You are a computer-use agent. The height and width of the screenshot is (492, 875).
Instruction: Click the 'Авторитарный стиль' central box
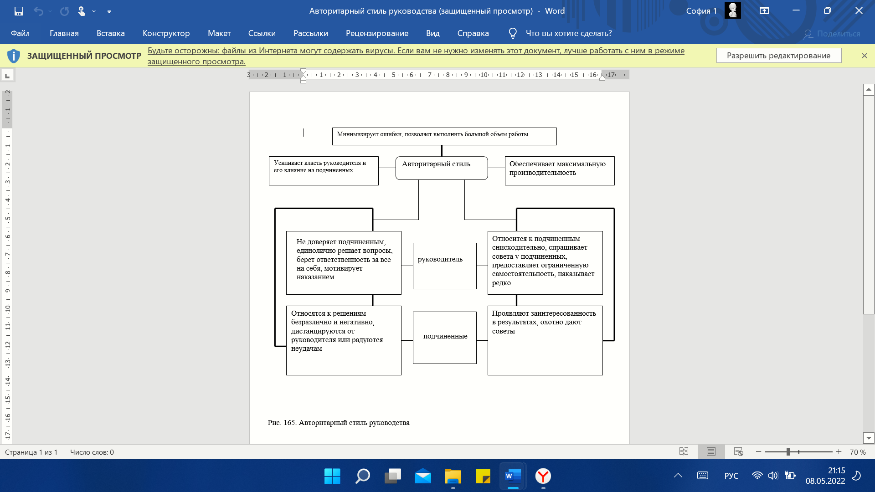coord(442,168)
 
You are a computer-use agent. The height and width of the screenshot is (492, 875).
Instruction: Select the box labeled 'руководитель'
coord(445,266)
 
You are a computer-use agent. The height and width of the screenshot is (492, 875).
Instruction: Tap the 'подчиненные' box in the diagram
coord(445,338)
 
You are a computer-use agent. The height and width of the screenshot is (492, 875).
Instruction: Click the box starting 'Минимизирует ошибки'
coord(444,136)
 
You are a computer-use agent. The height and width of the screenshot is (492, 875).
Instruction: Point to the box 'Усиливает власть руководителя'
coord(324,171)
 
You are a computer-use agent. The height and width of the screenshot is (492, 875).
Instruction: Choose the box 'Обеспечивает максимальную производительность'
coord(560,171)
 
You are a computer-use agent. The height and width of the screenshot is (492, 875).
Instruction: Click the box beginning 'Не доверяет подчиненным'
coord(344,263)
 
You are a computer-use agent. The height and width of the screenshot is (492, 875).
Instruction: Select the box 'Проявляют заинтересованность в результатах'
coord(545,340)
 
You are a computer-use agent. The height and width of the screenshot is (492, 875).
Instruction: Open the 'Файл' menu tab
coord(20,33)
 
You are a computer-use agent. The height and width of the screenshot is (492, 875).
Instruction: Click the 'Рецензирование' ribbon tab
coord(377,33)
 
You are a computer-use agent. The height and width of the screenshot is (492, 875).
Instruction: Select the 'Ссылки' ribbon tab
coord(262,33)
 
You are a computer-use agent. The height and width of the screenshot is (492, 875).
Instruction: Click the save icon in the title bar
coord(19,11)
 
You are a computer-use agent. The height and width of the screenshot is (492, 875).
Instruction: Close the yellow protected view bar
coord(864,56)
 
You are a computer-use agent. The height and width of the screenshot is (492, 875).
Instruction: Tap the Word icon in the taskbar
coord(513,476)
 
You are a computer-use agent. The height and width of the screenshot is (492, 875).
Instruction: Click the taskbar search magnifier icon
coord(362,476)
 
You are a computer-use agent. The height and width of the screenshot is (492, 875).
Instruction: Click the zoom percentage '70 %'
coord(858,452)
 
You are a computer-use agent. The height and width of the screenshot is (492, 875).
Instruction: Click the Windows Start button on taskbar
coord(332,476)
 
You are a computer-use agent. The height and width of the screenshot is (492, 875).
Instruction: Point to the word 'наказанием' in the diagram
coord(315,277)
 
